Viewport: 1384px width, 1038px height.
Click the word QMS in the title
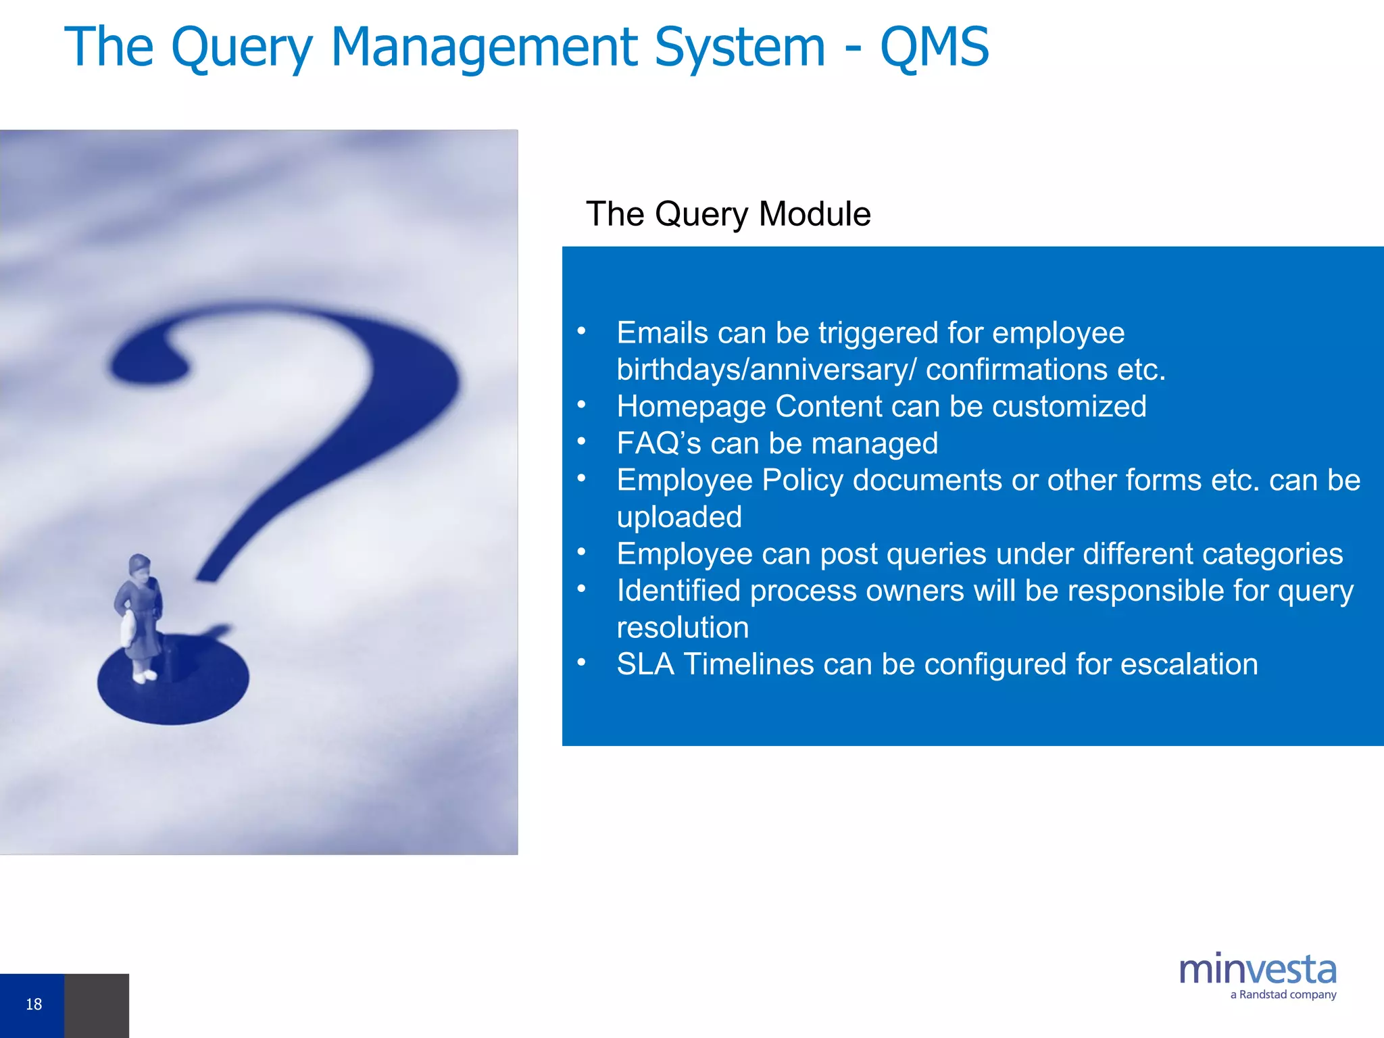pyautogui.click(x=934, y=47)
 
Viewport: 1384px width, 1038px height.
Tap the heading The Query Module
pyautogui.click(x=728, y=214)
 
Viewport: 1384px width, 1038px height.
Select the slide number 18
pyautogui.click(x=34, y=1004)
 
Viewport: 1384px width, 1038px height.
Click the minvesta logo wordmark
pyautogui.click(x=1257, y=970)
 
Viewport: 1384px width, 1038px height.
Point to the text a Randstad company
pyautogui.click(x=1283, y=995)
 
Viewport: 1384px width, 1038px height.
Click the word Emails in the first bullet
pyautogui.click(x=663, y=333)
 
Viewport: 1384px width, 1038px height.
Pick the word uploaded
pyautogui.click(x=679, y=518)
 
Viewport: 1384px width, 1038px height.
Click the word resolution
pyautogui.click(x=683, y=628)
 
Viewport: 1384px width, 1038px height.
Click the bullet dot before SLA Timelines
pyautogui.click(x=581, y=662)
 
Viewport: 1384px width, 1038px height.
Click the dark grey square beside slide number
pyautogui.click(x=97, y=1006)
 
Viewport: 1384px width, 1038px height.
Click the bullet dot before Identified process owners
pyautogui.click(x=581, y=589)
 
